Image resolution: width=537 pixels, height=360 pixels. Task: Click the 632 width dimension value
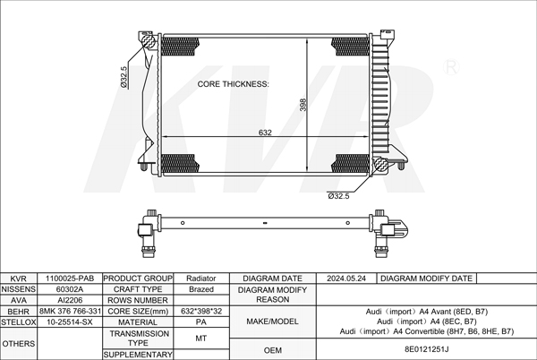[x=265, y=133]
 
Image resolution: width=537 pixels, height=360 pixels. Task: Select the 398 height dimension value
[x=303, y=105]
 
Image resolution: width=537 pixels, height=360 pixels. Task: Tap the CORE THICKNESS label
[x=234, y=84]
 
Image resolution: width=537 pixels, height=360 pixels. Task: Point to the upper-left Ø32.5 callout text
[x=124, y=77]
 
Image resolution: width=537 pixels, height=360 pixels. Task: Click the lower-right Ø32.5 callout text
[x=338, y=196]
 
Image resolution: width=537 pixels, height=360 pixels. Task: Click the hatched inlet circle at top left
[x=148, y=41]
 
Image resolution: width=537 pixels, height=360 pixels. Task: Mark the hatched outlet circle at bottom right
[x=380, y=165]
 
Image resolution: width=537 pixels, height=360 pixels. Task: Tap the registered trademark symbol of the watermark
[x=451, y=67]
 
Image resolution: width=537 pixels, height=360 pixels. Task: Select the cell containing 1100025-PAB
[x=70, y=279]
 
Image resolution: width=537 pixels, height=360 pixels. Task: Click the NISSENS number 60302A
[x=70, y=289]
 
